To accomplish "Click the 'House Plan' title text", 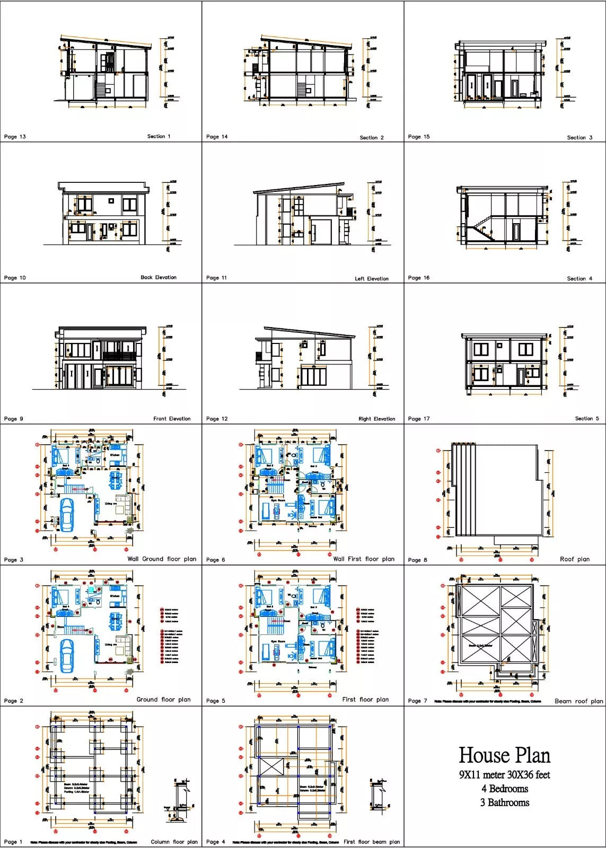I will pyautogui.click(x=504, y=755).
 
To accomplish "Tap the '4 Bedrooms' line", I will pyautogui.click(x=504, y=789).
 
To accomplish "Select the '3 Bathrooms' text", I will pyautogui.click(x=504, y=802).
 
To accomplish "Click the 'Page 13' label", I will pyautogui.click(x=15, y=137).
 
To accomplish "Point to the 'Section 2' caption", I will pyautogui.click(x=371, y=137).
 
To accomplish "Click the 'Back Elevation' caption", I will pyautogui.click(x=158, y=277).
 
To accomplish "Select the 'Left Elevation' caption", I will pyautogui.click(x=371, y=278).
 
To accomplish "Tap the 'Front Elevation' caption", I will pyautogui.click(x=172, y=419).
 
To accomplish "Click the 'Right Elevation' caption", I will pyautogui.click(x=376, y=419).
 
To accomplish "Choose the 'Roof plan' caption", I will pyautogui.click(x=574, y=559).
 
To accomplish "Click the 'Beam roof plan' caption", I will pyautogui.click(x=578, y=701).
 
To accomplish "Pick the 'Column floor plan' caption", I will pyautogui.click(x=174, y=842).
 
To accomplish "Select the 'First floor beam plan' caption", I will pyautogui.click(x=371, y=842).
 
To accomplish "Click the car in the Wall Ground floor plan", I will pyautogui.click(x=67, y=514).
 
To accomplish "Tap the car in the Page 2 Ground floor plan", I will pyautogui.click(x=67, y=656).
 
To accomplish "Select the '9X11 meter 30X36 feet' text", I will pyautogui.click(x=504, y=774).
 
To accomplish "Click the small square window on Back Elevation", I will pyautogui.click(x=111, y=200).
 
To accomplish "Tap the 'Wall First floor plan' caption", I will pyautogui.click(x=363, y=559).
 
